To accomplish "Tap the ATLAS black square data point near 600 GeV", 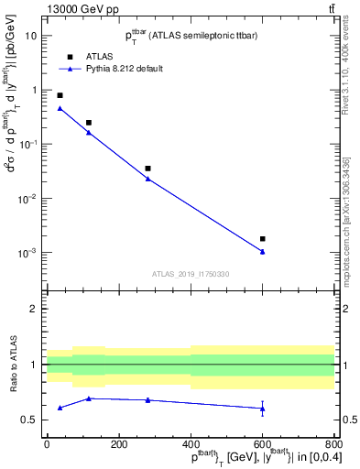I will pyautogui.click(x=263, y=239).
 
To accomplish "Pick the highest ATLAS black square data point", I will pyautogui.click(x=60, y=95).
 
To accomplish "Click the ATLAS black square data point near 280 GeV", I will pyautogui.click(x=147, y=169).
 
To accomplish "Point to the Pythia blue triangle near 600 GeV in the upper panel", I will pyautogui.click(x=263, y=252).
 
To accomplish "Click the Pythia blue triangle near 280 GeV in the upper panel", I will pyautogui.click(x=147, y=179).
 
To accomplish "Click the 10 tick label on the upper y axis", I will pyautogui.click(x=31, y=36).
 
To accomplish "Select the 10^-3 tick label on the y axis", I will pyautogui.click(x=28, y=253).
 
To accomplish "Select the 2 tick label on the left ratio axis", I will pyautogui.click(x=33, y=309).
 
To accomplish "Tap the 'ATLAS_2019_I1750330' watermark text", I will pyautogui.click(x=191, y=274).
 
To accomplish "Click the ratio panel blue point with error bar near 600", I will pyautogui.click(x=263, y=409).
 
